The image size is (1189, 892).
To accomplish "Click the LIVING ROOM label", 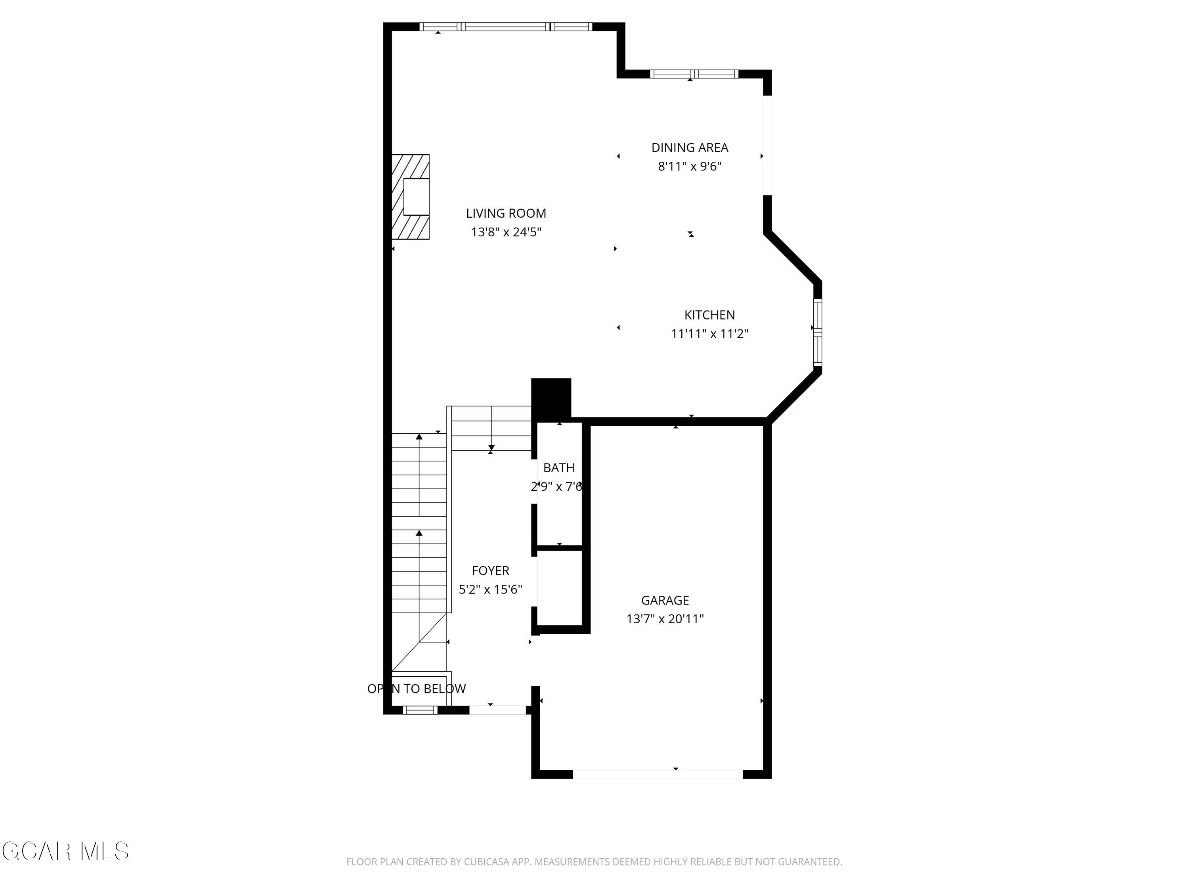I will [506, 213].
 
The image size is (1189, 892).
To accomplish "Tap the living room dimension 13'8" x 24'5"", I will [506, 232].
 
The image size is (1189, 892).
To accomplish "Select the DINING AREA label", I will [689, 147].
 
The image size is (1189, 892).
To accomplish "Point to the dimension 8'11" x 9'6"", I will [689, 166].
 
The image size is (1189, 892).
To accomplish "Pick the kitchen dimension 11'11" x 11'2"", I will [709, 334].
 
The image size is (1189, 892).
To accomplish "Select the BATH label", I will [558, 468].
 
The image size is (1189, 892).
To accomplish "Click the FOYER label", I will [490, 570].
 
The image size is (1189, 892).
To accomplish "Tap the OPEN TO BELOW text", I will [416, 689].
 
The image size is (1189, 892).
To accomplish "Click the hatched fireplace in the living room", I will [410, 197].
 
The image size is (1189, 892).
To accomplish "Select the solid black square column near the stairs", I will [551, 398].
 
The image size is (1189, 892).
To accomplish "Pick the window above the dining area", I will [694, 74].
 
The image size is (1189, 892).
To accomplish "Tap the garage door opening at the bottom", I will [658, 774].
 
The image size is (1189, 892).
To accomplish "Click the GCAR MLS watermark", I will [65, 851].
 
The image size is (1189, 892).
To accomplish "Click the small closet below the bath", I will [560, 587].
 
